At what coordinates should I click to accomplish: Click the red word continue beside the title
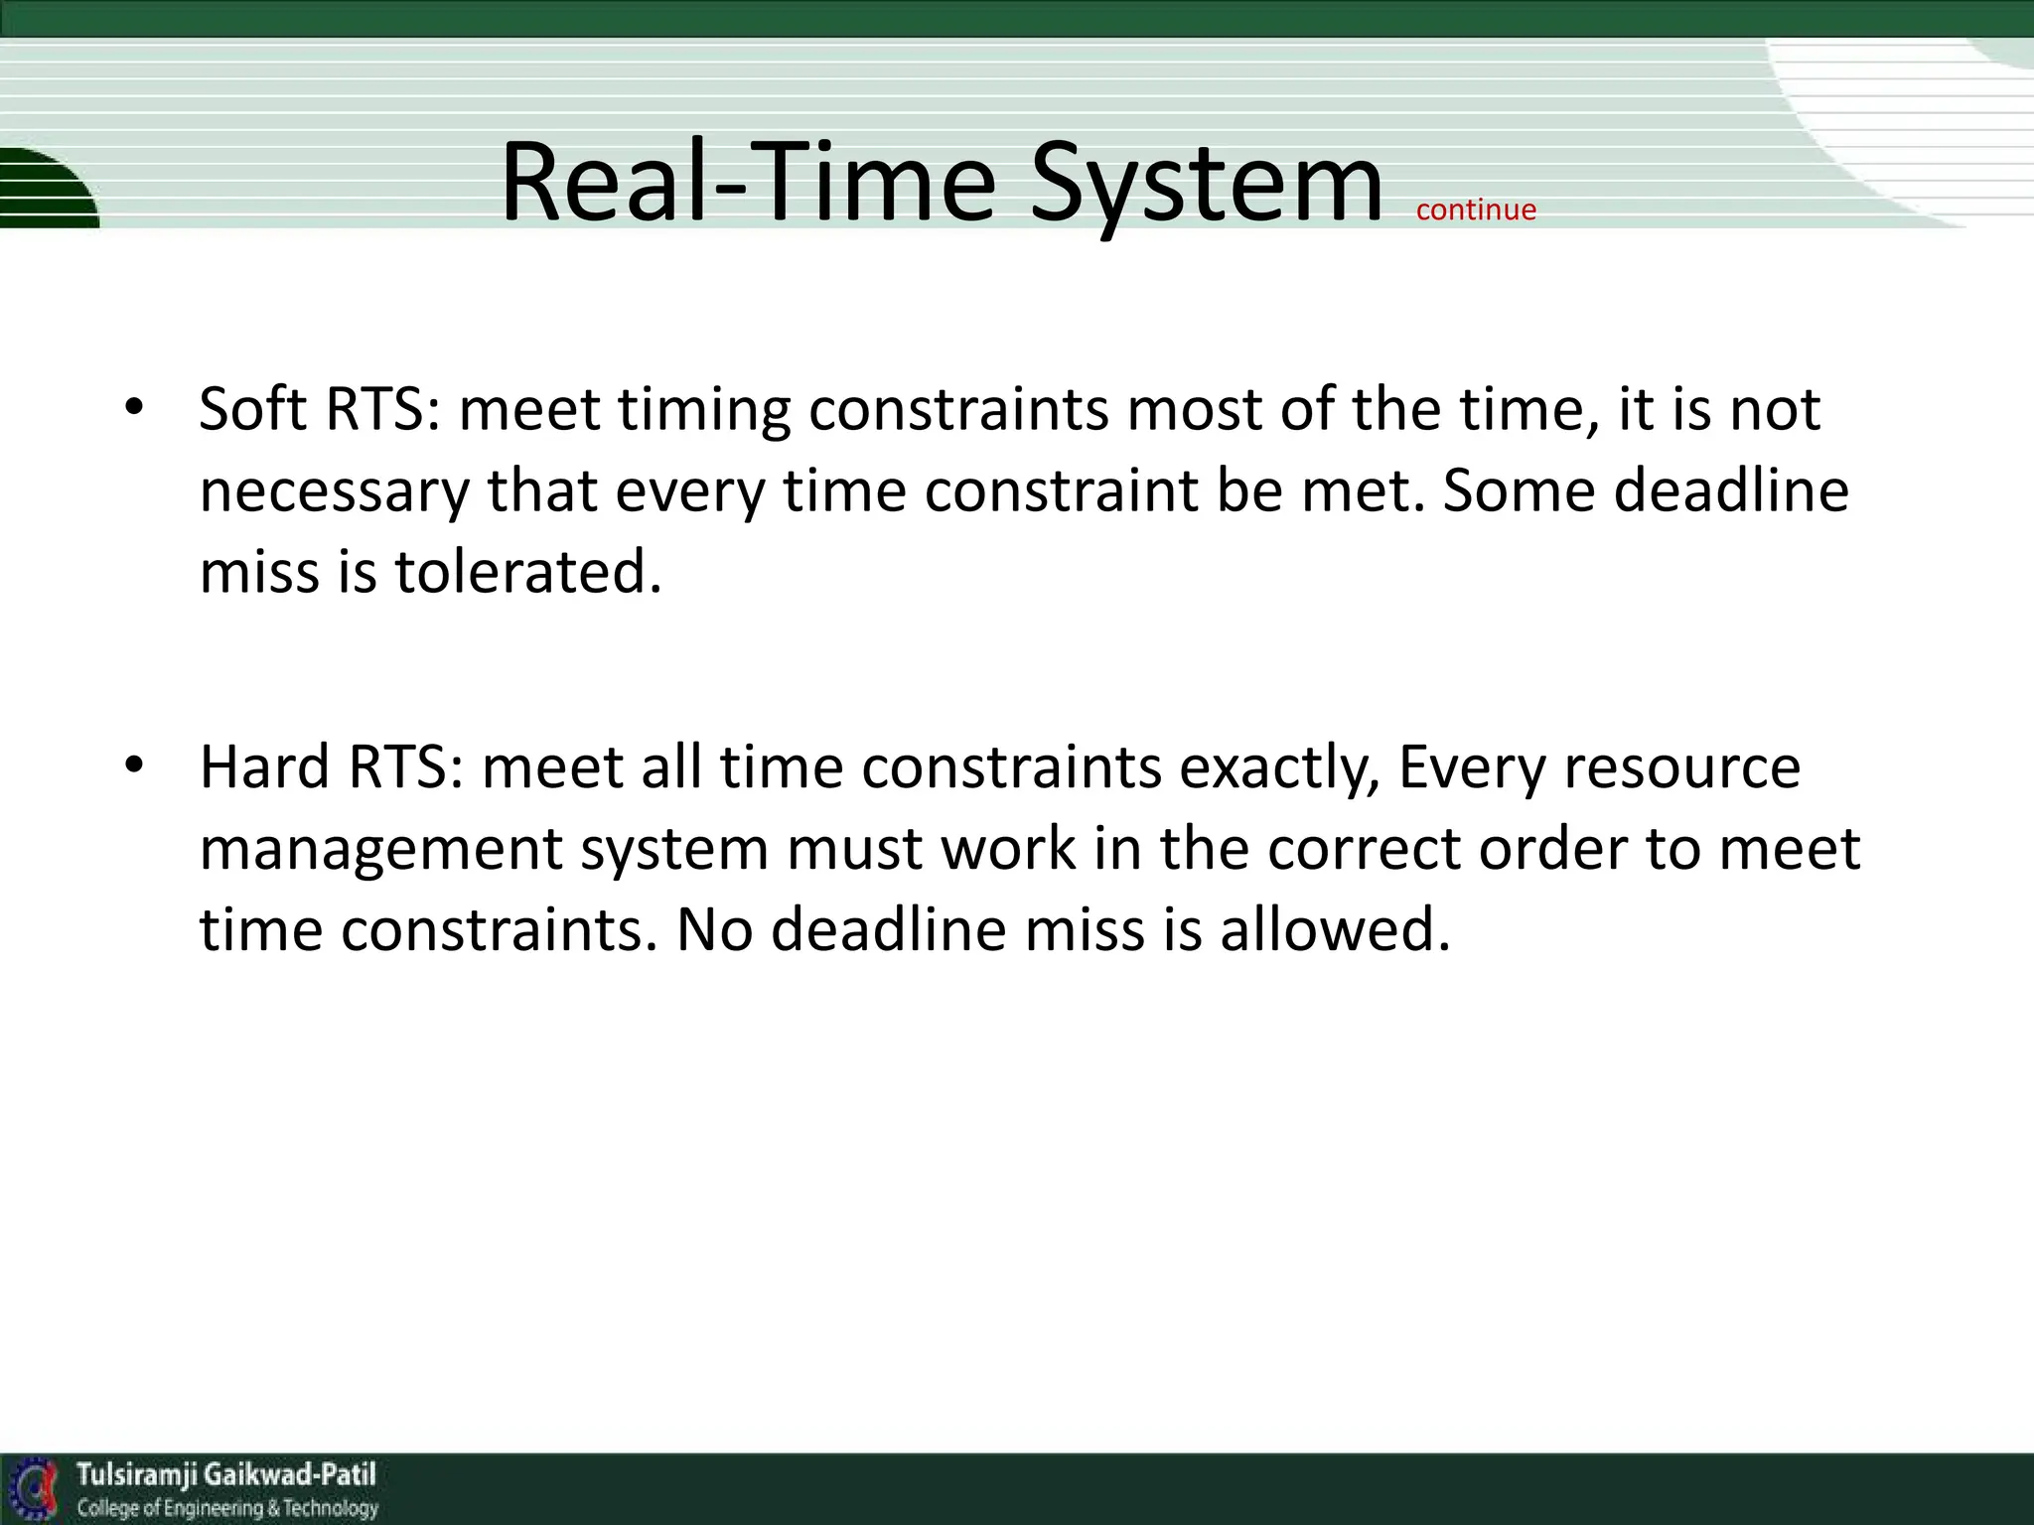point(1476,209)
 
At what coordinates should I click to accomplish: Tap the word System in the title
point(1206,184)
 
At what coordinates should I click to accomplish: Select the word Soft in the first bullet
point(252,408)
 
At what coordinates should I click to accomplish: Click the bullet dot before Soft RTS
point(134,408)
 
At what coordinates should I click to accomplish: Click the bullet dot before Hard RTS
point(134,765)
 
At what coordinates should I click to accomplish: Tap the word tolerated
point(528,573)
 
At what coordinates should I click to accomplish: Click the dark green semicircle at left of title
point(45,189)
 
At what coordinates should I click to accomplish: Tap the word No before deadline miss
point(714,929)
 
